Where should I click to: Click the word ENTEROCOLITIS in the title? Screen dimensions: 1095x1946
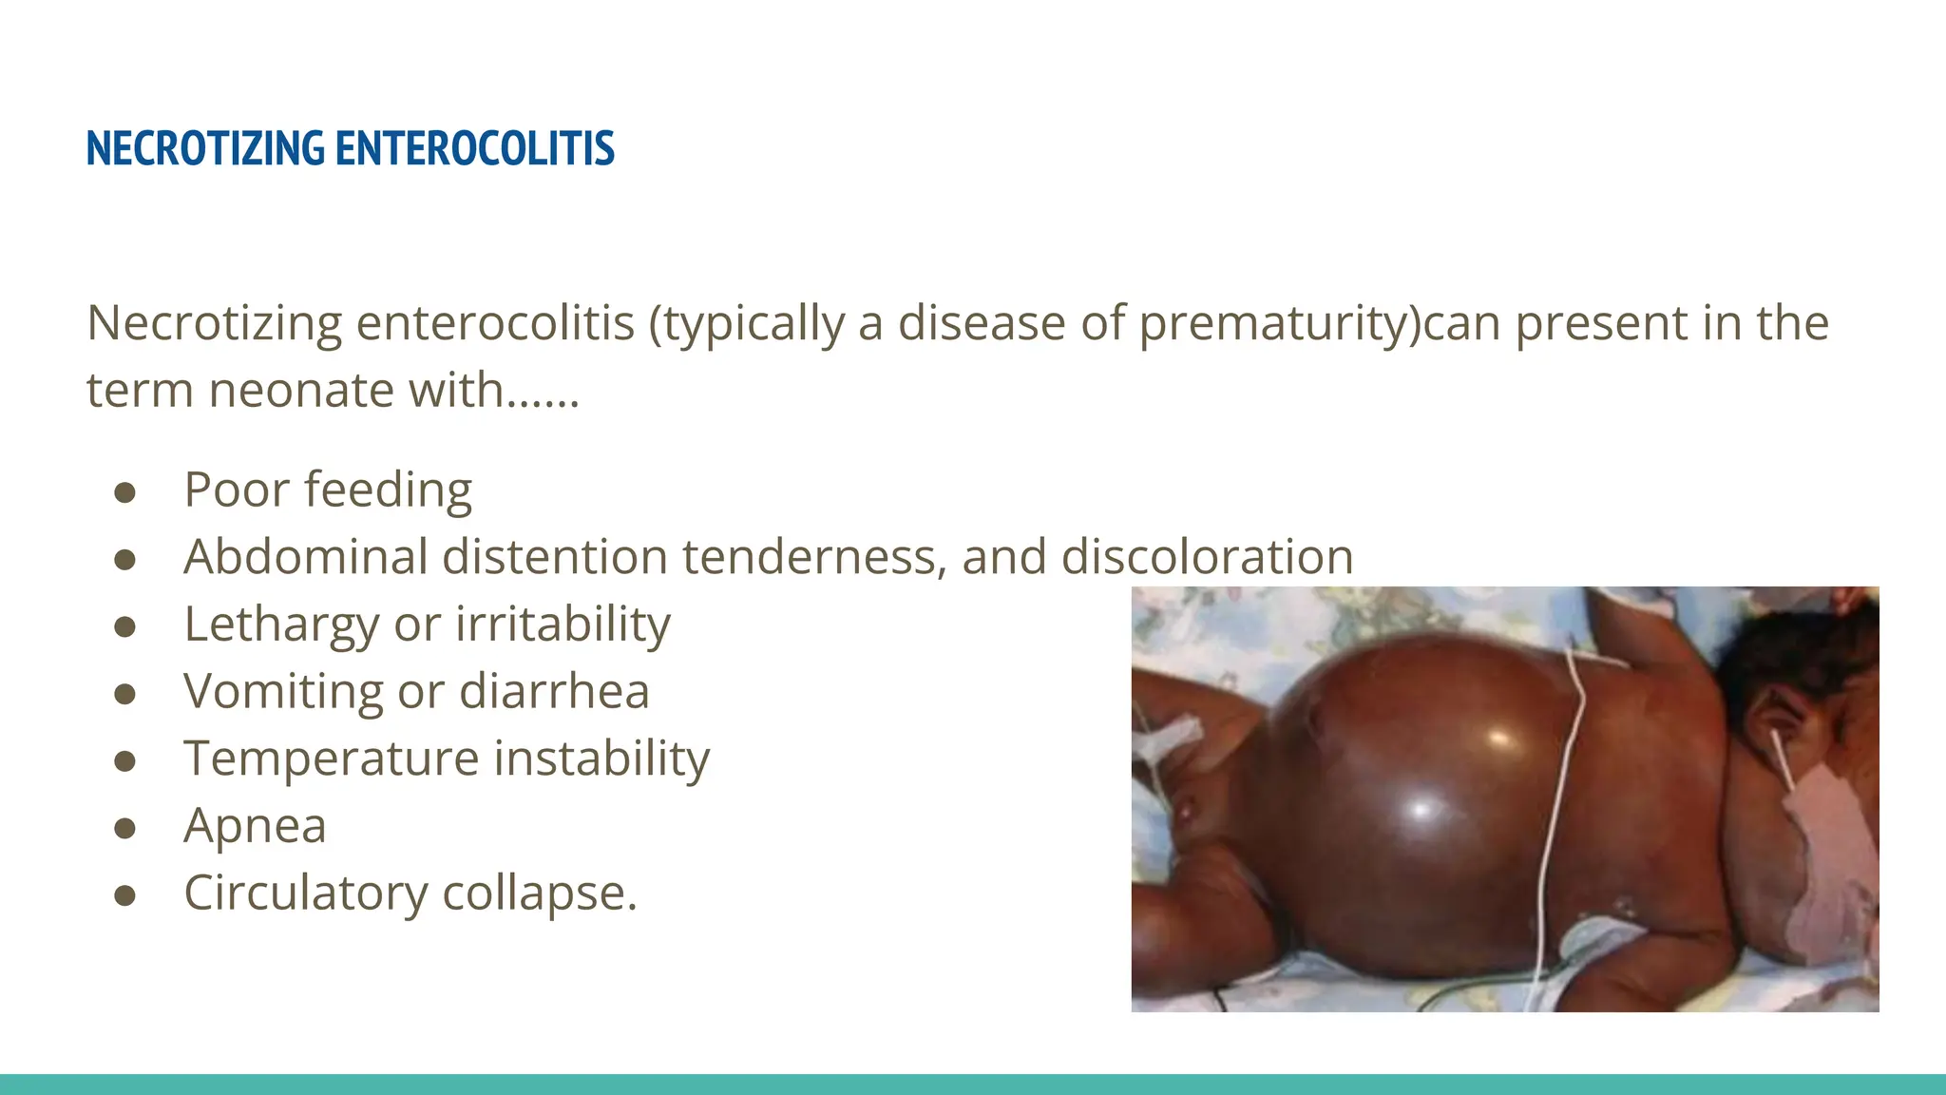[x=474, y=148]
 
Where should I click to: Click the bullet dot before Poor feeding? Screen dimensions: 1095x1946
[x=124, y=492]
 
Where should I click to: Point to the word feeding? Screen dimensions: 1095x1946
[x=389, y=490]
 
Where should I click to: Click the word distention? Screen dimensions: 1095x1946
[x=556, y=557]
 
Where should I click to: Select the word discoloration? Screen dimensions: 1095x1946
[x=1207, y=557]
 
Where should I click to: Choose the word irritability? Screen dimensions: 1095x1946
[x=563, y=624]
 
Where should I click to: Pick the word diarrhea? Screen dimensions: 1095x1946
[x=554, y=691]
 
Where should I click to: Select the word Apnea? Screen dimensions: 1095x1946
[x=255, y=826]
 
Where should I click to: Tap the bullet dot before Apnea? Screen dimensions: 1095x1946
[x=124, y=829]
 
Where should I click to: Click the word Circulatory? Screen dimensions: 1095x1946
[x=306, y=893]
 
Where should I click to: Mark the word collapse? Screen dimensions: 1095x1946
[x=539, y=893]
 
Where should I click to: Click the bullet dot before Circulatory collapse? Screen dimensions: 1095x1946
[x=124, y=896]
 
